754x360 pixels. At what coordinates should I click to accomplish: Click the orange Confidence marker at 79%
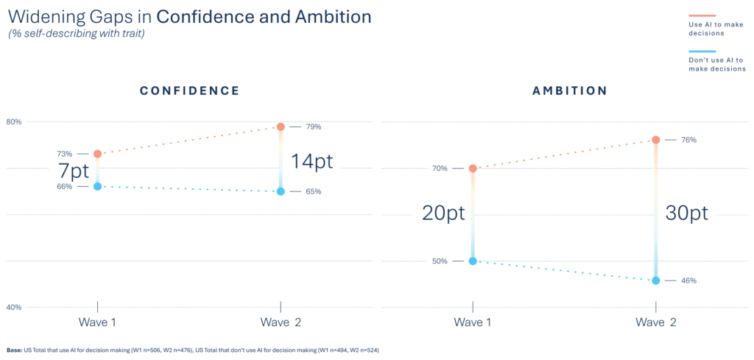[x=281, y=127]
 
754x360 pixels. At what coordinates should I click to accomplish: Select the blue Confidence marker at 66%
[x=97, y=186]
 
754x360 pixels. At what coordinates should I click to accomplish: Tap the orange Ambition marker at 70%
[x=473, y=169]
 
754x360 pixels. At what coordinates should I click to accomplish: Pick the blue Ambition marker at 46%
[x=655, y=280]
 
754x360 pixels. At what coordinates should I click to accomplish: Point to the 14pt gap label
[x=311, y=161]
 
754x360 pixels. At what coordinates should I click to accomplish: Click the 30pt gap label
[x=686, y=213]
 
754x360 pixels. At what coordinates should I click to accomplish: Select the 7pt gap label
[x=74, y=171]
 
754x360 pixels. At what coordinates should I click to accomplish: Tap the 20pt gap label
[x=443, y=213]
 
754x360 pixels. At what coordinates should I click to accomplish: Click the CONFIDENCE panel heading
[x=189, y=91]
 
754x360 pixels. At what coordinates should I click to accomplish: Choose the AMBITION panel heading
[x=569, y=91]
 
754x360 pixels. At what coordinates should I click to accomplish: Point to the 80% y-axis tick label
[x=15, y=121]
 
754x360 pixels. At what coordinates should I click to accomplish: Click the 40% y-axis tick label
[x=15, y=307]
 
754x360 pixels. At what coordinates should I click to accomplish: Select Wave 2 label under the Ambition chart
[x=655, y=322]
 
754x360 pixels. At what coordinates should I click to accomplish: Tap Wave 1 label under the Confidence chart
[x=97, y=322]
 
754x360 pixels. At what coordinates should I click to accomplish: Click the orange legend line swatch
[x=702, y=15]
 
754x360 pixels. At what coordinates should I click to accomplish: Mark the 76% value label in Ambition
[x=688, y=140]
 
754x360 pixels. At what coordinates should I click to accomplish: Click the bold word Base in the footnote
[x=14, y=350]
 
